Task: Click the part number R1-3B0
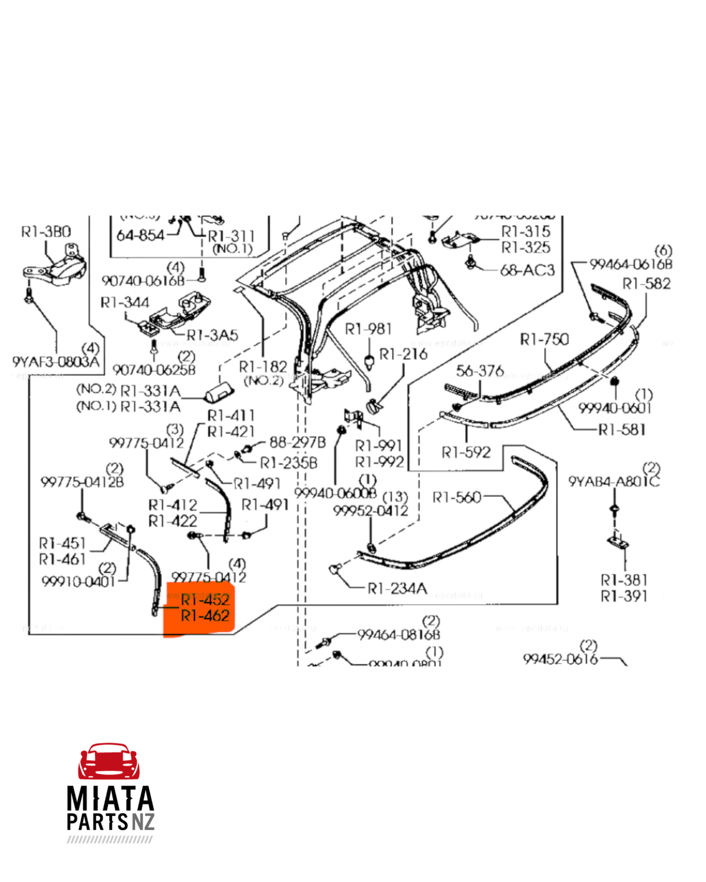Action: pos(46,231)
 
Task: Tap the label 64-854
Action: pos(140,235)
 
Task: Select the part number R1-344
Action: pos(125,303)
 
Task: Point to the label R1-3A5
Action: pos(213,335)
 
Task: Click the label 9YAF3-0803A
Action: pos(56,362)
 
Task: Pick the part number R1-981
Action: pos(368,329)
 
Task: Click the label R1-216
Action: pos(403,354)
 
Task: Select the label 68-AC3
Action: pos(527,270)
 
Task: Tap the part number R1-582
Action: pos(646,284)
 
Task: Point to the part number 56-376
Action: pos(480,371)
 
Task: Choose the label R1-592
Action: pos(466,453)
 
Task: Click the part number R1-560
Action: pos(457,498)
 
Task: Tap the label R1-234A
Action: pos(397,588)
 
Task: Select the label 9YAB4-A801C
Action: pos(614,482)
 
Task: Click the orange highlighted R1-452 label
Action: pos(205,600)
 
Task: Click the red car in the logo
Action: pos(109,762)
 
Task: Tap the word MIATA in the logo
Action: pos(110,799)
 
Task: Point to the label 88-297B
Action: pos(298,442)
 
